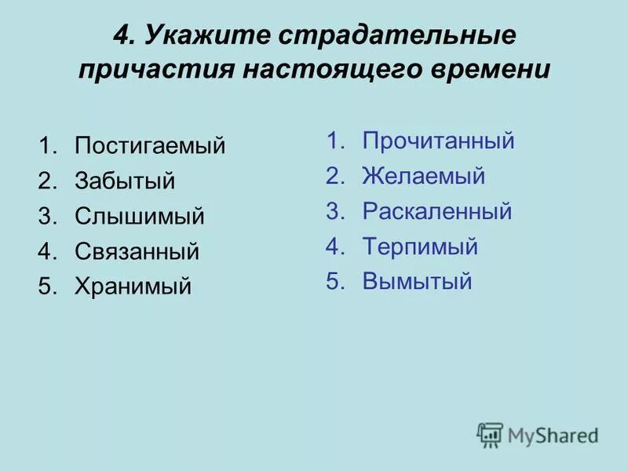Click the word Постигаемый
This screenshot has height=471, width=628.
point(150,146)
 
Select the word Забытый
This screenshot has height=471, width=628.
point(125,181)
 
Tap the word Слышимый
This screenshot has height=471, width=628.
point(140,217)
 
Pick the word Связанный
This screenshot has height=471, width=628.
point(137,252)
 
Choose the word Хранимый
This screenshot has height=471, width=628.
point(133,287)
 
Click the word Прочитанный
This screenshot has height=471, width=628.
point(438,141)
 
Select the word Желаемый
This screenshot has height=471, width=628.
point(424,177)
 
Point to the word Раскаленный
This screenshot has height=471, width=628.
point(437,211)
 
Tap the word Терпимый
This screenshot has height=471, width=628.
point(420,246)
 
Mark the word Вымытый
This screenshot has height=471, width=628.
point(417,282)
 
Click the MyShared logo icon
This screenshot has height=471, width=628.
point(490,435)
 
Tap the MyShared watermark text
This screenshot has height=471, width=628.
point(553,436)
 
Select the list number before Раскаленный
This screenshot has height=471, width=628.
point(335,211)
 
